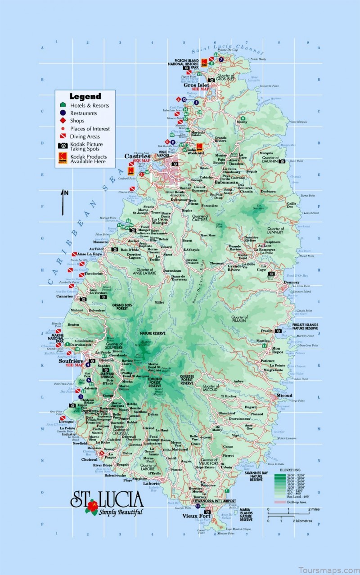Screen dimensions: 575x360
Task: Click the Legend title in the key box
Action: click(x=85, y=96)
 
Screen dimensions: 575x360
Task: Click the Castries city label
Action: click(x=138, y=156)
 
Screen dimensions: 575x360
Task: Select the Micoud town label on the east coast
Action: click(x=284, y=395)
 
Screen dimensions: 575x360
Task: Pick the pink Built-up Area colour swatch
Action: click(x=281, y=502)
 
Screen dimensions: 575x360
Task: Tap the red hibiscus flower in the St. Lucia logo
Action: click(x=93, y=506)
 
